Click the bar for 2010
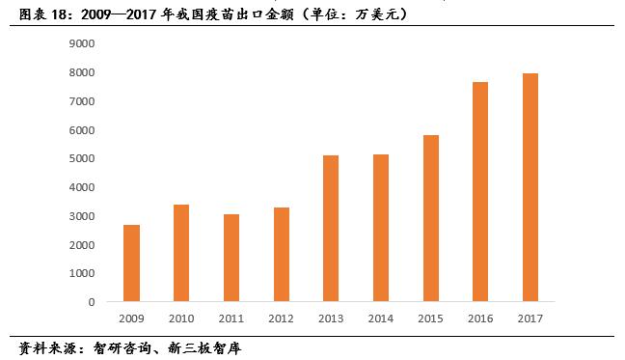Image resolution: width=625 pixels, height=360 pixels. coord(181,253)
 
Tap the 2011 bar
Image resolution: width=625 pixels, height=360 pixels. coord(231,258)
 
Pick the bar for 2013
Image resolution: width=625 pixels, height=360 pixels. coord(331,228)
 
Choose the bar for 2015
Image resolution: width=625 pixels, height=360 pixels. coord(430,218)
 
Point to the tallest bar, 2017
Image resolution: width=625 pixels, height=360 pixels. coord(530,187)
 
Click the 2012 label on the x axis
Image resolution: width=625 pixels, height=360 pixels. coord(281,318)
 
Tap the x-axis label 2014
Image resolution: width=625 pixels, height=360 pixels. coord(380,318)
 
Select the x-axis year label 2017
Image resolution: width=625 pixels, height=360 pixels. coord(530,318)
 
